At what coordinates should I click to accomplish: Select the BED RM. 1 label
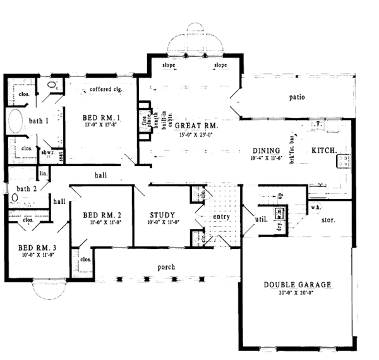102,117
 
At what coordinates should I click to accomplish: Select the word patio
298,99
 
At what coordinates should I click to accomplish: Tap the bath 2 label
27,188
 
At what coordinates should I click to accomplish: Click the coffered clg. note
105,89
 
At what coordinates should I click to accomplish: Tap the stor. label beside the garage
328,220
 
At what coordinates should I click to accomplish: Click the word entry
221,217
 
